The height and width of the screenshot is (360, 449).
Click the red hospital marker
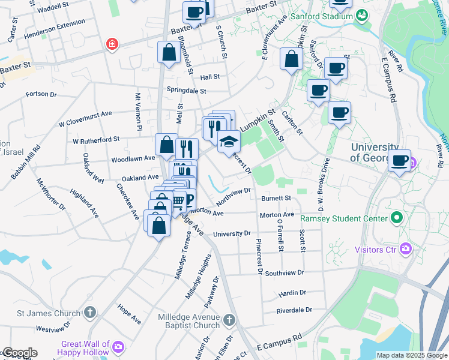(x=112, y=44)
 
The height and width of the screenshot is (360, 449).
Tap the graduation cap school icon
(x=228, y=142)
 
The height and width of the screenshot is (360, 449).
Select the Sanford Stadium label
(x=322, y=16)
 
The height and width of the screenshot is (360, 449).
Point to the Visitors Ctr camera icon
(x=406, y=248)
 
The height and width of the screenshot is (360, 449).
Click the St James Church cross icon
(x=89, y=313)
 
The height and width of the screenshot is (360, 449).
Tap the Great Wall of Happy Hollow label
(x=85, y=348)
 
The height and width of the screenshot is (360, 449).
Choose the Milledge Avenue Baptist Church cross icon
(x=229, y=321)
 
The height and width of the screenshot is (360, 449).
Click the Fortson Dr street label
(x=41, y=94)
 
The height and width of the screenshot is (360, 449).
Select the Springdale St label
(x=186, y=91)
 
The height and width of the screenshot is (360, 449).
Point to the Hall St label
(x=210, y=77)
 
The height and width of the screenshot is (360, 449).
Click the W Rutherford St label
(x=96, y=141)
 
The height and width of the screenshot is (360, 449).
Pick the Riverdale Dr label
(x=294, y=310)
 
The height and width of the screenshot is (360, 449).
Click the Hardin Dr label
(x=292, y=293)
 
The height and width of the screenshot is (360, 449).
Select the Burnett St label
(x=276, y=198)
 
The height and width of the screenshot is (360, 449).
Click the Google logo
(x=19, y=353)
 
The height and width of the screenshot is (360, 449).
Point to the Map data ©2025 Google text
(x=411, y=355)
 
